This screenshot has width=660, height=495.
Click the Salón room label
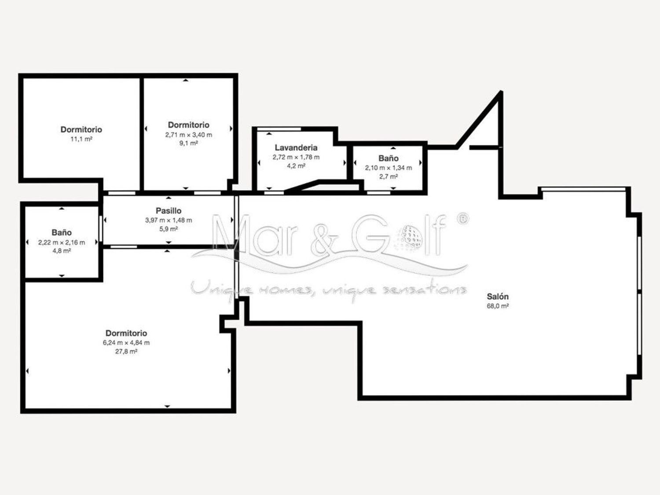(x=498, y=297)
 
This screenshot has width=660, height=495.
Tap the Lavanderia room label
(x=296, y=147)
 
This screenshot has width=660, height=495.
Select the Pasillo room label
(x=169, y=211)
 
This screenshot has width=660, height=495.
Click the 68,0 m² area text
(x=498, y=306)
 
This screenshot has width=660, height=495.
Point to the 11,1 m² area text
(x=81, y=139)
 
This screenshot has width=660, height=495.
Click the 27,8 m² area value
(x=126, y=351)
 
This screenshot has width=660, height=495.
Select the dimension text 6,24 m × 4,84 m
(x=126, y=343)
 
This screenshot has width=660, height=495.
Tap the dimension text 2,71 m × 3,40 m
(x=188, y=135)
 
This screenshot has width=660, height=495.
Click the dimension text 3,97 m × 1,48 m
(x=169, y=220)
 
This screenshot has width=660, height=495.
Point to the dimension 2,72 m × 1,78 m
(x=296, y=157)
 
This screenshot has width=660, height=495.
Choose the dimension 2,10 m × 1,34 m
(x=389, y=168)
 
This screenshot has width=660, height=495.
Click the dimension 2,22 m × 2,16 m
(x=62, y=242)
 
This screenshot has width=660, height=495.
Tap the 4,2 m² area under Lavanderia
(x=296, y=165)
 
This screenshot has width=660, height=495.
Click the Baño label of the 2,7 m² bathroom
(x=389, y=158)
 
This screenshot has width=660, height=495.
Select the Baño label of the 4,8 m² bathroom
(x=62, y=232)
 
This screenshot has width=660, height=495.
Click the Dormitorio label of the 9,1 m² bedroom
(x=188, y=125)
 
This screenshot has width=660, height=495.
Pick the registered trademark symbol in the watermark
(x=462, y=219)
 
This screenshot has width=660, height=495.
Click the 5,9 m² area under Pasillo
(x=169, y=229)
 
